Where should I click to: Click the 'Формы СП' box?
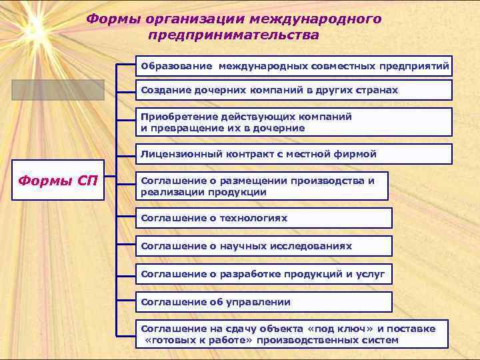(57, 181)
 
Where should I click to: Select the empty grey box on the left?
(57, 90)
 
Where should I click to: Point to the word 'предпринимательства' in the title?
(234, 34)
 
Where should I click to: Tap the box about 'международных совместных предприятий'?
(294, 67)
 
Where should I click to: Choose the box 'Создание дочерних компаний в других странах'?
(294, 90)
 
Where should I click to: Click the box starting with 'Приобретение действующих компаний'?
(294, 122)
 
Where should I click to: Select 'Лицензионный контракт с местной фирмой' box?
(294, 154)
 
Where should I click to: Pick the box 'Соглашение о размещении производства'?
(262, 186)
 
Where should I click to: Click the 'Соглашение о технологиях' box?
(264, 218)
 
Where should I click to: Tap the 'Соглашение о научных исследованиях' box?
(264, 246)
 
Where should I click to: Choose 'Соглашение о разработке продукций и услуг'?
(264, 274)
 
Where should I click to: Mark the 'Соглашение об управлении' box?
(264, 302)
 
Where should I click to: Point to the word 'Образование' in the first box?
(176, 67)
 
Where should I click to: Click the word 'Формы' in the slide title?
(111, 19)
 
